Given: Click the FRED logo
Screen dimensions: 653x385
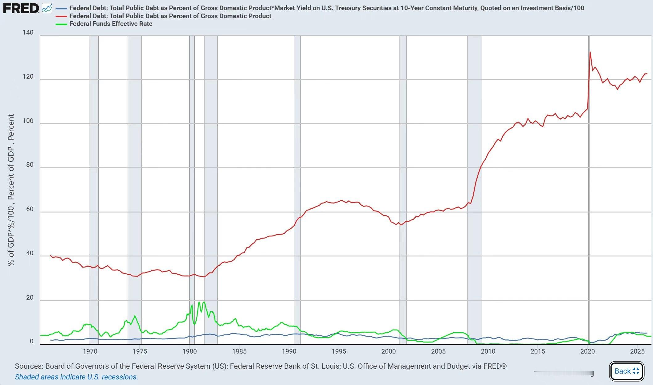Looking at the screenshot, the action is (x=21, y=8).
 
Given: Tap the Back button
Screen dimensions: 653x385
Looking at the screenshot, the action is (x=626, y=371).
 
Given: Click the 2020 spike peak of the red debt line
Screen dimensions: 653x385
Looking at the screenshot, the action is (x=590, y=52).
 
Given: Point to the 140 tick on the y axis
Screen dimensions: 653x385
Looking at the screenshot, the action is (x=28, y=32).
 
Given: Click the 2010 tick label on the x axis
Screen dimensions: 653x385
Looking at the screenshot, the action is (x=488, y=351).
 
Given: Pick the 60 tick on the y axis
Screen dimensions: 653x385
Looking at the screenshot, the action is (x=30, y=209).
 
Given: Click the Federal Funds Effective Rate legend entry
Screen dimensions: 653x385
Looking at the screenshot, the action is (x=111, y=24).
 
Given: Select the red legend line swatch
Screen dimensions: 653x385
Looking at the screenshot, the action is (x=61, y=16).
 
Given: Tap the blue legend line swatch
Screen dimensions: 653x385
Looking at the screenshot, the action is (x=61, y=8).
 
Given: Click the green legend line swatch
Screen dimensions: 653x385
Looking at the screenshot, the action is (x=61, y=24).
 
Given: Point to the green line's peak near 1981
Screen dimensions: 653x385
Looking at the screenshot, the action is (x=204, y=302).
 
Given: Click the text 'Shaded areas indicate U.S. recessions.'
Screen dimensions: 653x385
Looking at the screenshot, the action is (x=76, y=377).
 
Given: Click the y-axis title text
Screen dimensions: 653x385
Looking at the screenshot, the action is (x=11, y=190).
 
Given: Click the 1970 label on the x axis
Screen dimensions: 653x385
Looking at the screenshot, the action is (x=90, y=351).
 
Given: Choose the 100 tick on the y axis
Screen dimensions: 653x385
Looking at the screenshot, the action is (x=28, y=121).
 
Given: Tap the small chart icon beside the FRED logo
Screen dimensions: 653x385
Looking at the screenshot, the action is (x=47, y=8).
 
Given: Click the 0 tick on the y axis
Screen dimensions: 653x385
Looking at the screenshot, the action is (x=31, y=341).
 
